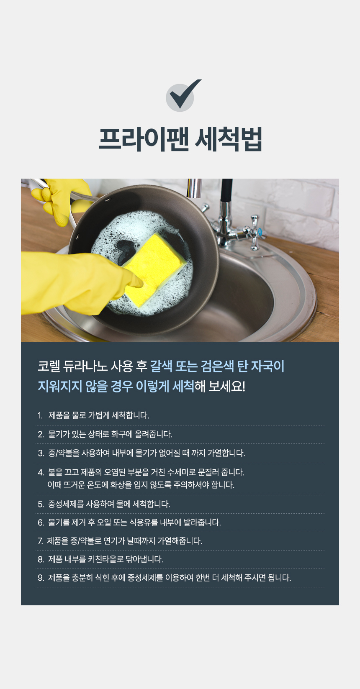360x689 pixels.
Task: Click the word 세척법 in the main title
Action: [228, 139]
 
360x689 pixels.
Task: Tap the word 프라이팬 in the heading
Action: [144, 139]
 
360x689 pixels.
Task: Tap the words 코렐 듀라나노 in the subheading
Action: [72, 366]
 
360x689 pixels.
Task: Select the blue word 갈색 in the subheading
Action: [161, 366]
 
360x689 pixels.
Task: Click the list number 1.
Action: [40, 415]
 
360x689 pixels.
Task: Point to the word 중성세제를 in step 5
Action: [66, 504]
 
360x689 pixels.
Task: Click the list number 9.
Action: [41, 578]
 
